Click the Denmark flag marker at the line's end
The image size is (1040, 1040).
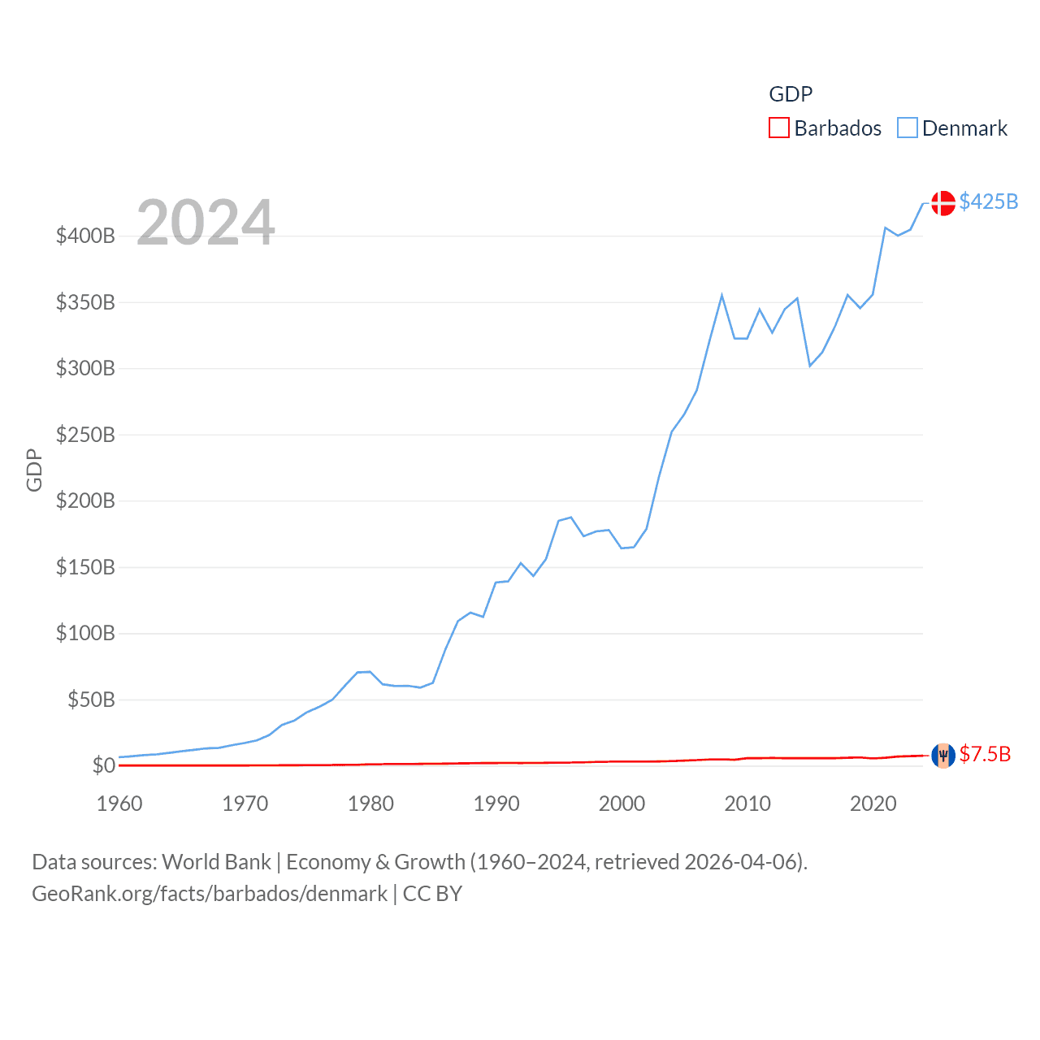pyautogui.click(x=942, y=203)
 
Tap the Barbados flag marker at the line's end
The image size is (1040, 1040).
pyautogui.click(x=942, y=756)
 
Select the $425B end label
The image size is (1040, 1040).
pyautogui.click(x=988, y=201)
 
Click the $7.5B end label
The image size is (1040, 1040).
pyautogui.click(x=985, y=754)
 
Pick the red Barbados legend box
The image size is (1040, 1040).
pyautogui.click(x=778, y=128)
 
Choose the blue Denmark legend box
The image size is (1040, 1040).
pyautogui.click(x=907, y=128)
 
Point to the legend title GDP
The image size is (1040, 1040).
pyautogui.click(x=791, y=94)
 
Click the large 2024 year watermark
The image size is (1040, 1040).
pyautogui.click(x=206, y=223)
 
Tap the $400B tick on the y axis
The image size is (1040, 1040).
pyautogui.click(x=85, y=236)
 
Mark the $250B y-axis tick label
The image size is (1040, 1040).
pyautogui.click(x=85, y=435)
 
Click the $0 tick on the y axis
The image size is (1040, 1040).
pyautogui.click(x=103, y=765)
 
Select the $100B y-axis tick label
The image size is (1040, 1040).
pyautogui.click(x=85, y=633)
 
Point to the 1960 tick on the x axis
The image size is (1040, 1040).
pyautogui.click(x=119, y=804)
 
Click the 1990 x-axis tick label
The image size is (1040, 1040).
pyautogui.click(x=496, y=804)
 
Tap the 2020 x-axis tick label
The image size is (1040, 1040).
pyautogui.click(x=873, y=804)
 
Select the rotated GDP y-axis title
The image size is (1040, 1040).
pyautogui.click(x=34, y=470)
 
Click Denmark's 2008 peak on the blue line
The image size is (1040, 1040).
pyautogui.click(x=721, y=296)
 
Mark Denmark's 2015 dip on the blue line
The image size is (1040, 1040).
pyautogui.click(x=810, y=366)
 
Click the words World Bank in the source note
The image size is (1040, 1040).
pyautogui.click(x=216, y=861)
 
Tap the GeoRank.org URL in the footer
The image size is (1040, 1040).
pyautogui.click(x=210, y=894)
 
